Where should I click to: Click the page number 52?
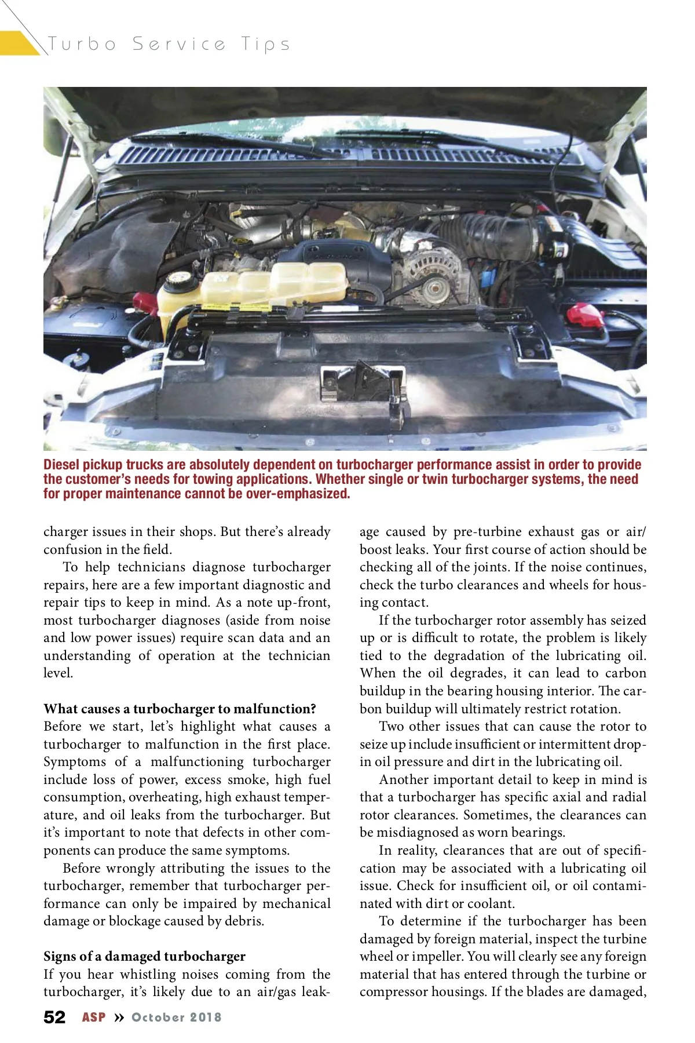(x=54, y=1018)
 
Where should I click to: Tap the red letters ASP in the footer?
(x=94, y=1018)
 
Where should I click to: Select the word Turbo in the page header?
(x=82, y=44)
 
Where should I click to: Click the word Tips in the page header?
(x=266, y=44)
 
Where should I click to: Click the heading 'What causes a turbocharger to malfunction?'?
(x=180, y=709)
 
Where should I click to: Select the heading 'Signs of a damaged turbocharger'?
(x=144, y=956)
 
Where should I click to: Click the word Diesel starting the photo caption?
(x=61, y=465)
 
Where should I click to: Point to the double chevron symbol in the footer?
(x=119, y=1018)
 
